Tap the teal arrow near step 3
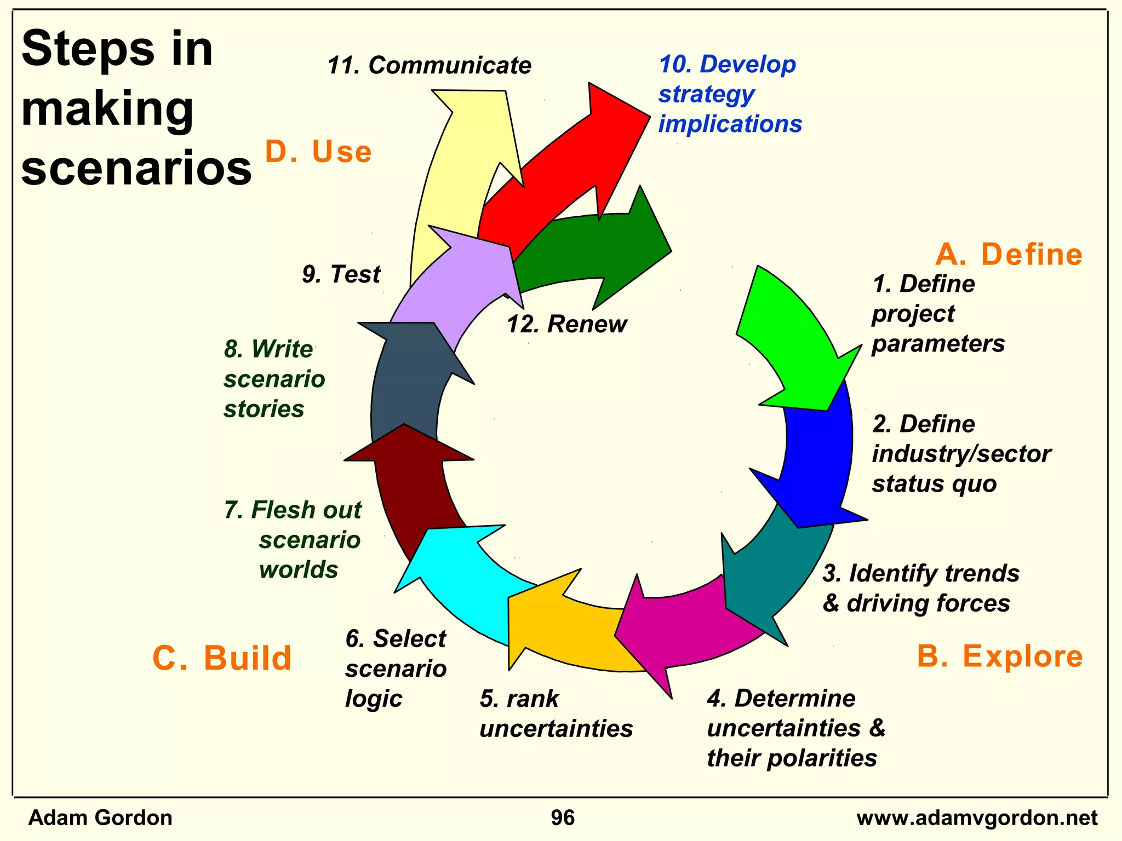767,575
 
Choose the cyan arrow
466,575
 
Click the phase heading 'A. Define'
1009,255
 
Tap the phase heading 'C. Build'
222,658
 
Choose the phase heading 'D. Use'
318,152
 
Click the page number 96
563,818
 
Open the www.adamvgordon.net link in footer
977,818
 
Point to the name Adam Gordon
100,818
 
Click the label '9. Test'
341,274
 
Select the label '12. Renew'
566,324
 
